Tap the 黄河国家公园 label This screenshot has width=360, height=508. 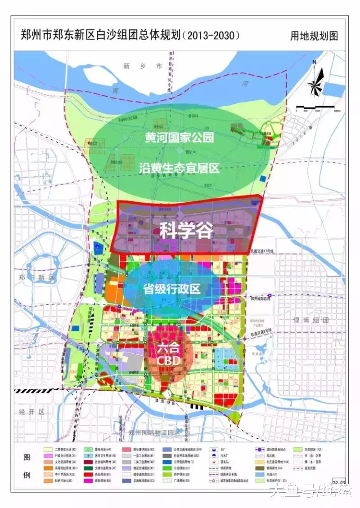pyautogui.click(x=179, y=137)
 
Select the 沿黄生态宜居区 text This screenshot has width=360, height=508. pyautogui.click(x=179, y=168)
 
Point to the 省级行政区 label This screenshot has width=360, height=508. pyautogui.click(x=171, y=289)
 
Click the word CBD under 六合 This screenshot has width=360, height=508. pyautogui.click(x=169, y=361)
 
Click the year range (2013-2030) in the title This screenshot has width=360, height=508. pyautogui.click(x=210, y=35)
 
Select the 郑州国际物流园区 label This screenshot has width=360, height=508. pyautogui.click(x=153, y=432)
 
